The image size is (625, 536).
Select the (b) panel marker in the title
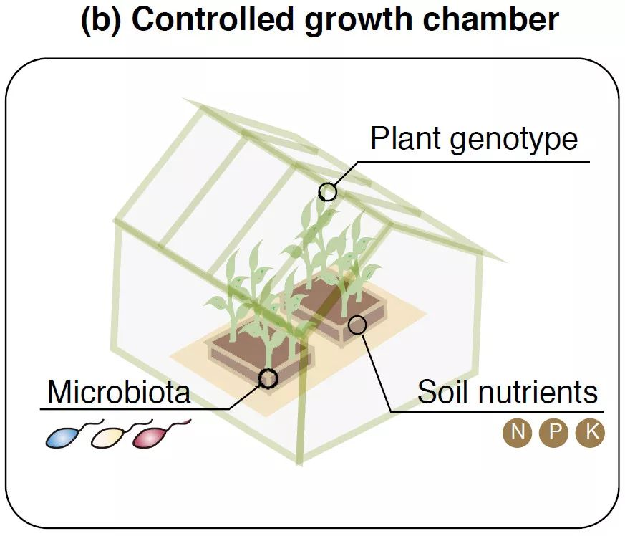click(x=102, y=19)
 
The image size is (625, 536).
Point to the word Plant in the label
click(x=407, y=138)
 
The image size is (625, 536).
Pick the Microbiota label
click(x=119, y=392)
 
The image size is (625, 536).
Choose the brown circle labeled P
click(x=553, y=433)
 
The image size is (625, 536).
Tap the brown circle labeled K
click(x=591, y=433)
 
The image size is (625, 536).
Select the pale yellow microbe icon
click(x=106, y=436)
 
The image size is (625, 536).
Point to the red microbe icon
click(x=148, y=436)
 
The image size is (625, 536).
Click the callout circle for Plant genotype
click(x=327, y=191)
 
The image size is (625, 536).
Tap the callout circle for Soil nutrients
click(x=357, y=325)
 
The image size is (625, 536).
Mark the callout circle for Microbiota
click(x=268, y=378)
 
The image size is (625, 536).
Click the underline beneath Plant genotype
click(x=473, y=161)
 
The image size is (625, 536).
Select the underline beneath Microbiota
click(x=136, y=410)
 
